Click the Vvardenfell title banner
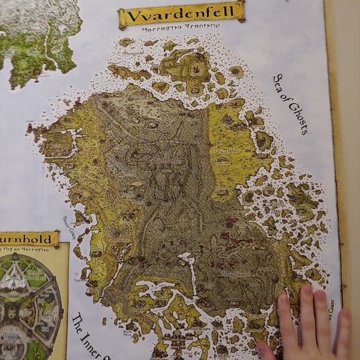181,14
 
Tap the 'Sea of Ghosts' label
290,104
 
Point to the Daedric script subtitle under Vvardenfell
181,28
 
